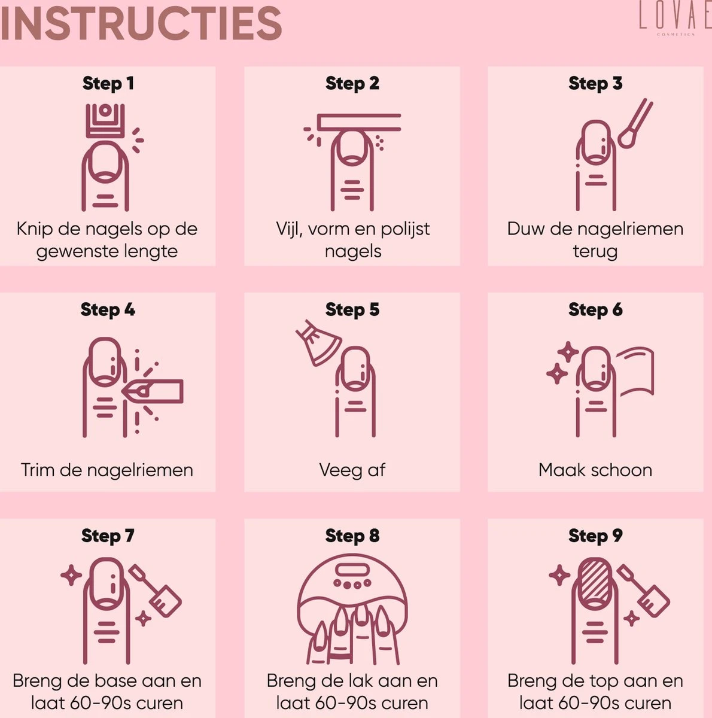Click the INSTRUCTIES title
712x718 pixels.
[x=141, y=23]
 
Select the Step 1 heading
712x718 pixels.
[x=108, y=83]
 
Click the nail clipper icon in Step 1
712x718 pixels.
[x=105, y=121]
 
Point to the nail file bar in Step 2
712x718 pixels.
[x=358, y=123]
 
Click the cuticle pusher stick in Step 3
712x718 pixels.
[x=635, y=123]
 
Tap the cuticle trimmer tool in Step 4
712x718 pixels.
[x=153, y=391]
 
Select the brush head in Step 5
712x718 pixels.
[x=318, y=343]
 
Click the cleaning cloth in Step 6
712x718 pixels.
[x=634, y=371]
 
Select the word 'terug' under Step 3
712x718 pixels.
[x=595, y=251]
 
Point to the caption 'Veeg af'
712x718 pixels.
[x=352, y=470]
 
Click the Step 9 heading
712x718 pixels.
[x=595, y=536]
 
